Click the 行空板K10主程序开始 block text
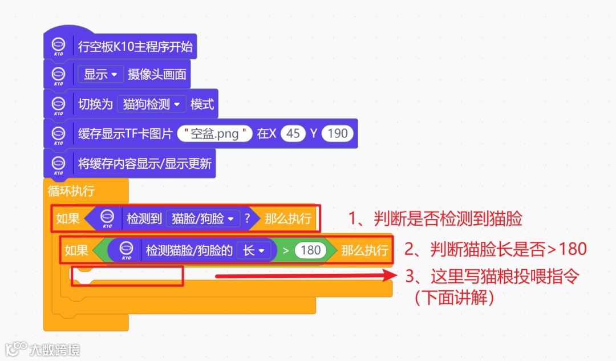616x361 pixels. click(x=135, y=47)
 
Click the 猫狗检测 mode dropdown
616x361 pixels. click(x=152, y=104)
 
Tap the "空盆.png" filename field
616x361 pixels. click(x=214, y=134)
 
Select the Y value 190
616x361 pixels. click(x=338, y=134)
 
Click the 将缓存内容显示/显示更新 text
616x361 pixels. click(x=145, y=164)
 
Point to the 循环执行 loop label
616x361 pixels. click(x=71, y=190)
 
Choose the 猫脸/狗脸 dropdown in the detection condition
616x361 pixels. click(x=202, y=218)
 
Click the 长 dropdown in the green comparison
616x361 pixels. click(x=253, y=250)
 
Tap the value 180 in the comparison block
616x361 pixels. click(x=310, y=250)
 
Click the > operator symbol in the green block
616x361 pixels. click(x=286, y=250)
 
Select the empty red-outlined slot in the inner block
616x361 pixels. click(x=127, y=276)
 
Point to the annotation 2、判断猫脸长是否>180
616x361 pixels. click(x=495, y=249)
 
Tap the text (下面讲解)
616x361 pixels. click(x=454, y=297)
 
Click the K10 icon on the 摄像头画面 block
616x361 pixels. click(x=58, y=75)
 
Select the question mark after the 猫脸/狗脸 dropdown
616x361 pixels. click(x=247, y=218)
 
